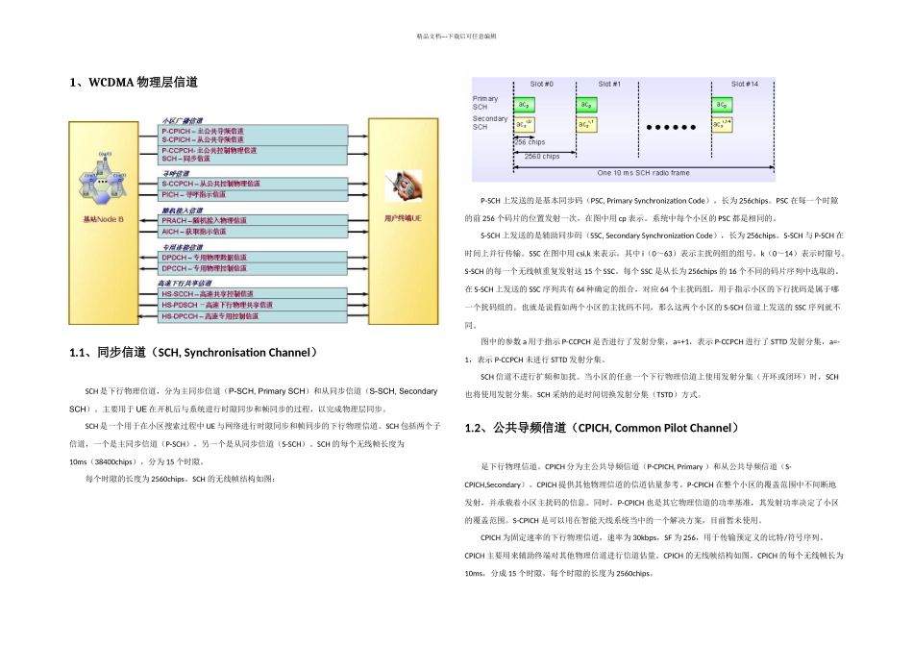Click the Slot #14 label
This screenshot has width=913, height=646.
(x=745, y=84)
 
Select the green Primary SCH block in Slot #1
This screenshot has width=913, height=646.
(x=587, y=105)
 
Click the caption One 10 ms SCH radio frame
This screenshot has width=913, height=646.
(x=643, y=173)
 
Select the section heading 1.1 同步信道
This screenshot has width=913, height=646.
(x=193, y=354)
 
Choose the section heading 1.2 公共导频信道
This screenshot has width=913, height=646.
(x=603, y=427)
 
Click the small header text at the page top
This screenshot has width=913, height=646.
(x=456, y=36)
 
